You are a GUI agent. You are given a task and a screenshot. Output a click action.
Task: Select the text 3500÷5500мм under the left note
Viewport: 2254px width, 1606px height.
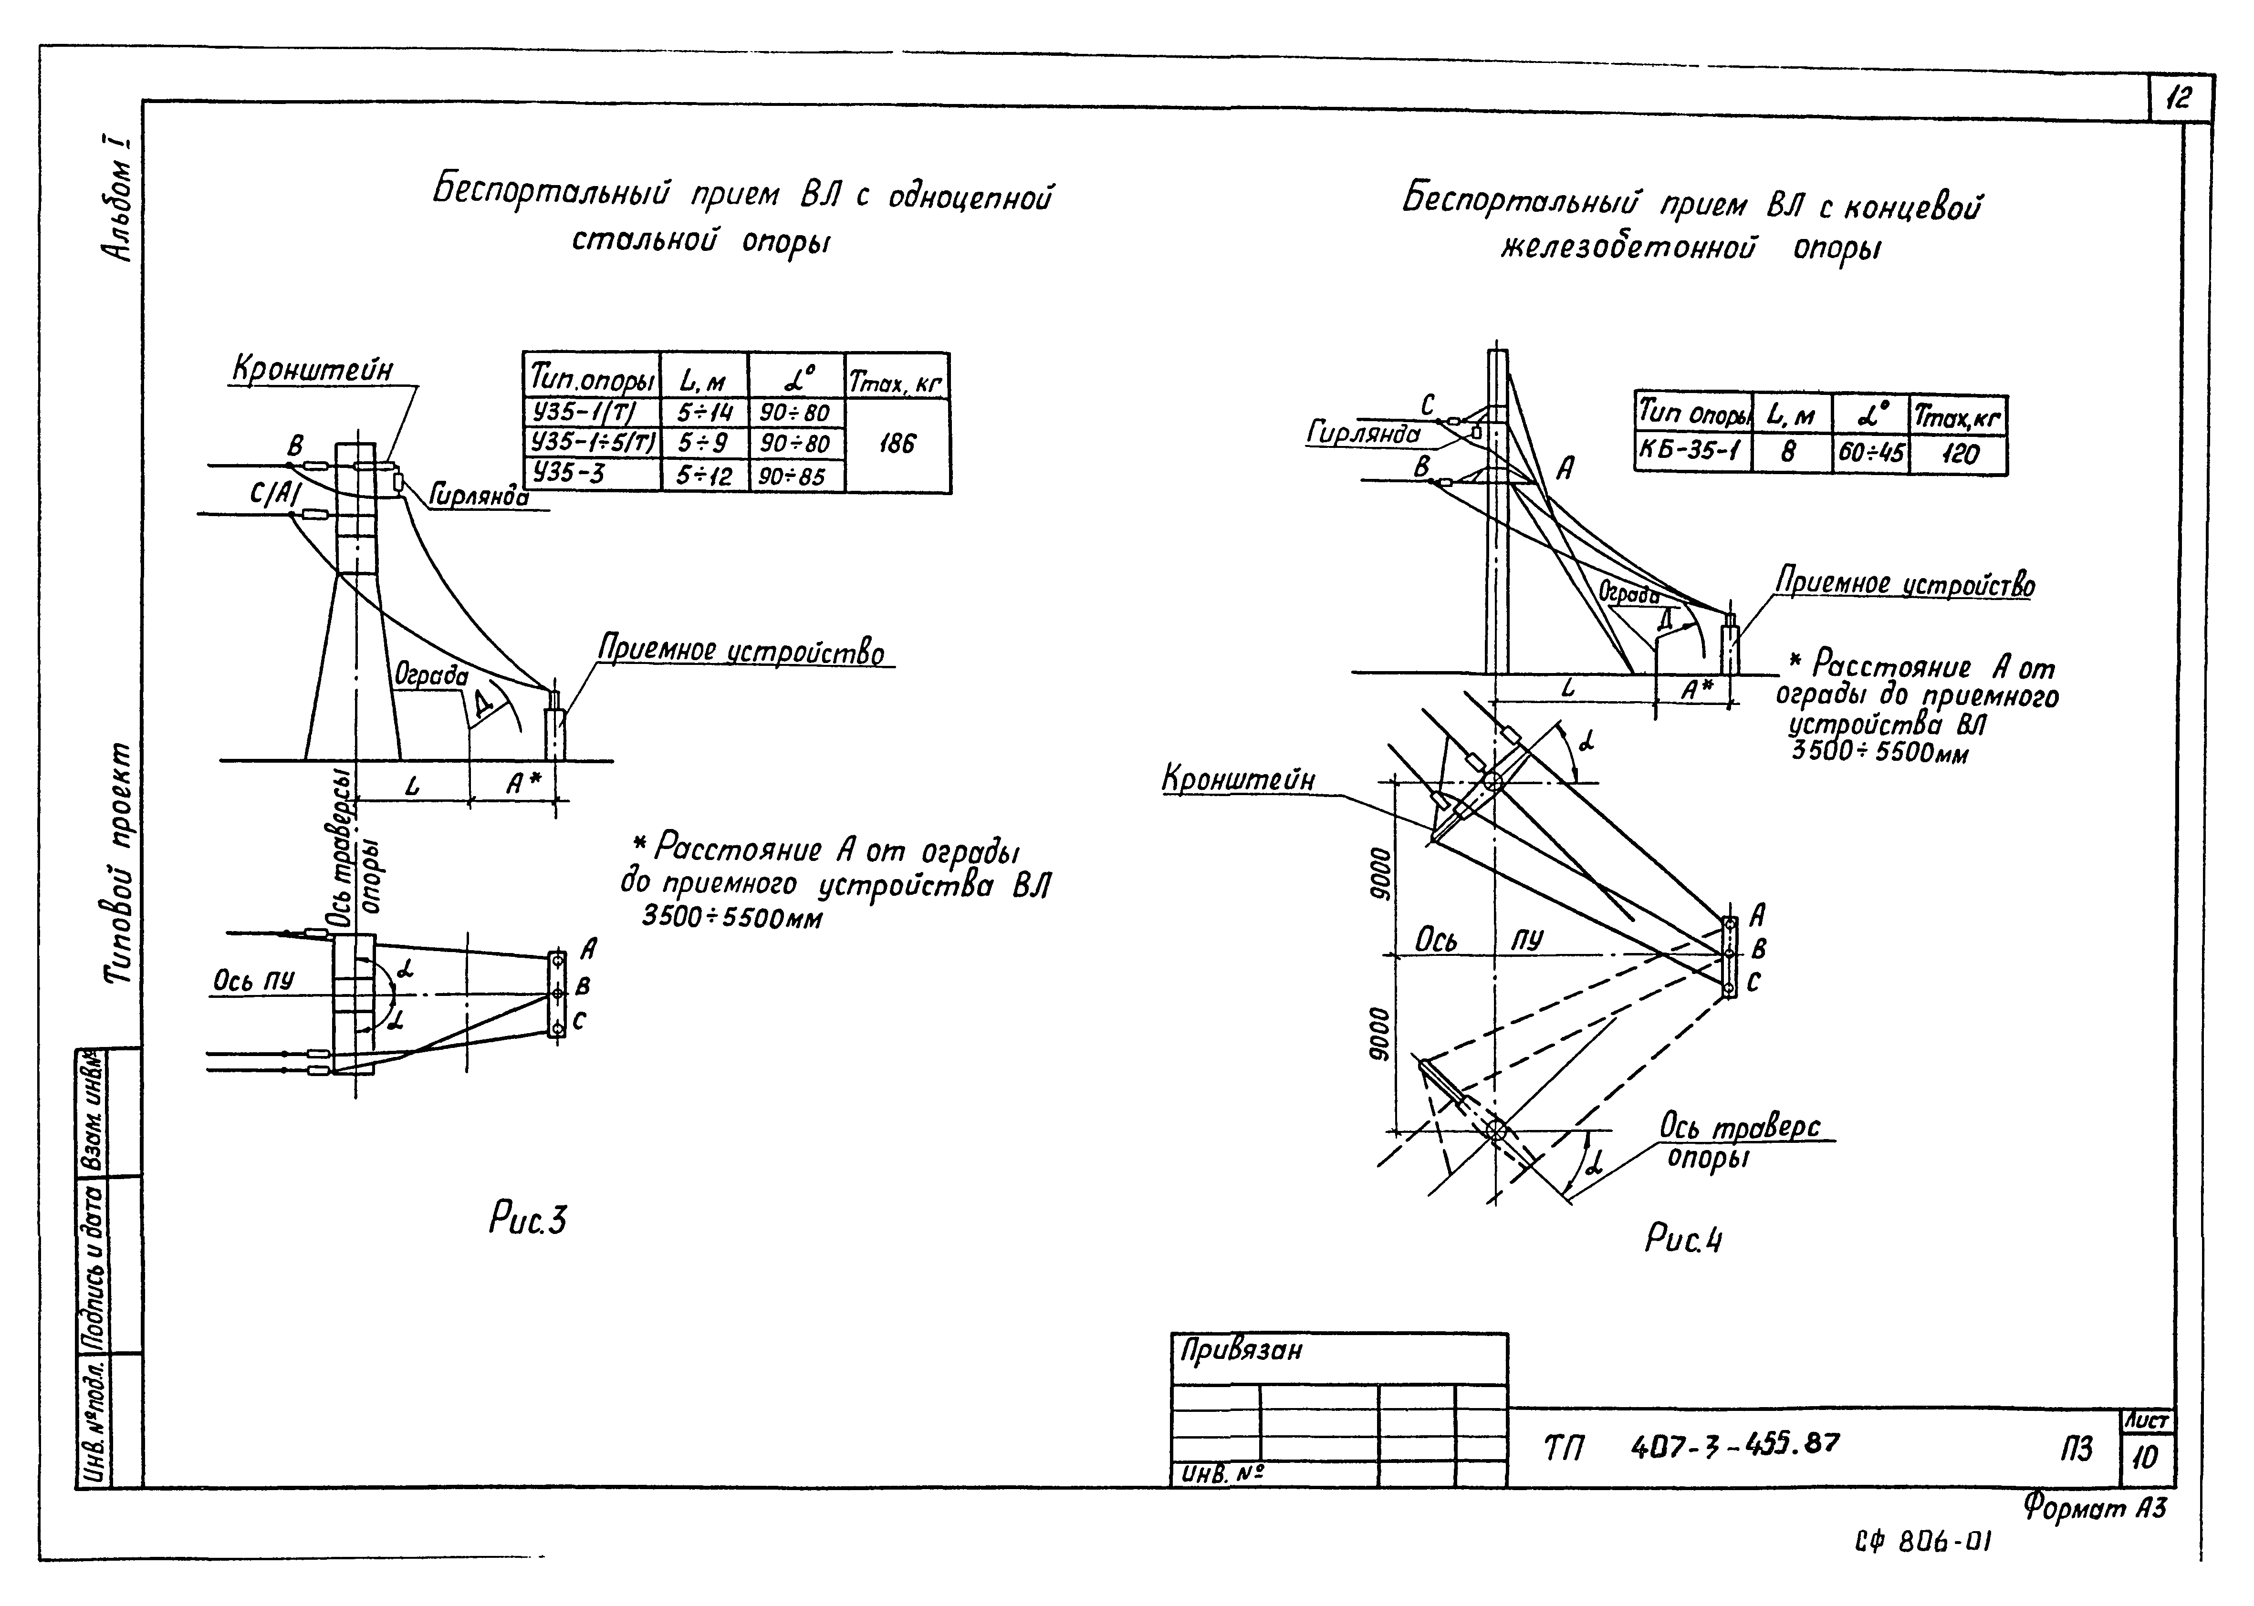732,918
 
